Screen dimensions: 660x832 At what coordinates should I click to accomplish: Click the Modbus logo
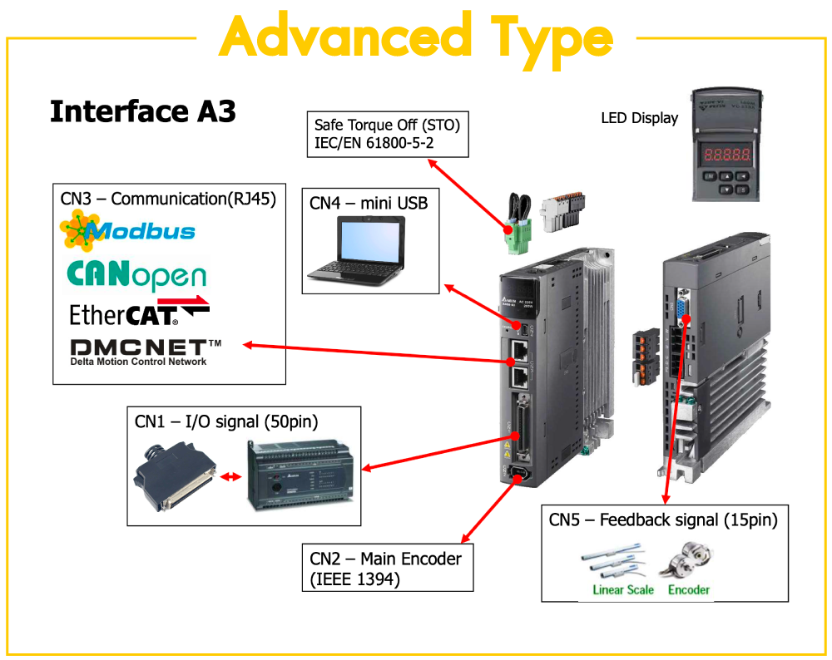click(128, 230)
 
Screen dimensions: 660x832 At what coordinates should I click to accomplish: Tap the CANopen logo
click(136, 276)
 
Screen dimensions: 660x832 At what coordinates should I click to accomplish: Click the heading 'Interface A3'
click(143, 111)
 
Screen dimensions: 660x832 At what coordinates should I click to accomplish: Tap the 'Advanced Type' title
click(416, 37)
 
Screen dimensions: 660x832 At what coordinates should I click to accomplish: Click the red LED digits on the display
click(726, 155)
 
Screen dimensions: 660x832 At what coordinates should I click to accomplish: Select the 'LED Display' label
click(639, 118)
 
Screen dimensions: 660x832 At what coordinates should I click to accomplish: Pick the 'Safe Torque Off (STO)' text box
click(387, 135)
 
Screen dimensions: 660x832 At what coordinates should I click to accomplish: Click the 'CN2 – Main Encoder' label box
click(386, 569)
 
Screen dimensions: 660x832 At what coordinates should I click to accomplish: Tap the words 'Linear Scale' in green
click(623, 590)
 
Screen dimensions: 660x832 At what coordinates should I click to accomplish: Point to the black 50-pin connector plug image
click(170, 478)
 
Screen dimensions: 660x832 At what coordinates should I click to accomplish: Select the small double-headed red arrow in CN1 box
click(230, 477)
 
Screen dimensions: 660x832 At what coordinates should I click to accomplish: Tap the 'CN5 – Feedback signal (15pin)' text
click(663, 520)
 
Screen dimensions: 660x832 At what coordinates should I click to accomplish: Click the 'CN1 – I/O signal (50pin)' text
click(226, 421)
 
